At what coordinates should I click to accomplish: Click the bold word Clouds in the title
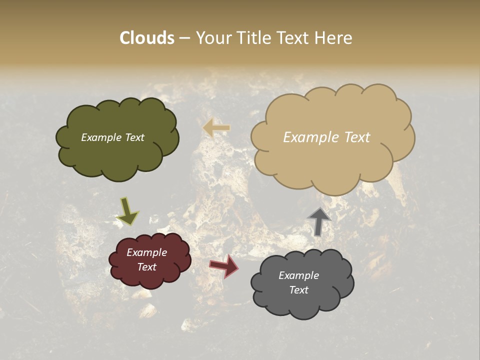(146, 38)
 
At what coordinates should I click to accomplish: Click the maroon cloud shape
(149, 280)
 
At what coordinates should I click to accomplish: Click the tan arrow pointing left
(216, 128)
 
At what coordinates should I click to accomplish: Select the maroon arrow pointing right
(224, 265)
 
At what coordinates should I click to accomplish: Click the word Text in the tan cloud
(358, 137)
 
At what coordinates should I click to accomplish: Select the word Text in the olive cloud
(134, 137)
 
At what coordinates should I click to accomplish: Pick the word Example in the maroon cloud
(146, 252)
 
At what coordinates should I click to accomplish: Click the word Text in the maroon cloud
(147, 267)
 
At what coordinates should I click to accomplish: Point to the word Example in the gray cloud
(298, 275)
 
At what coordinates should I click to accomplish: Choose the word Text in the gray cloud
(298, 290)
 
